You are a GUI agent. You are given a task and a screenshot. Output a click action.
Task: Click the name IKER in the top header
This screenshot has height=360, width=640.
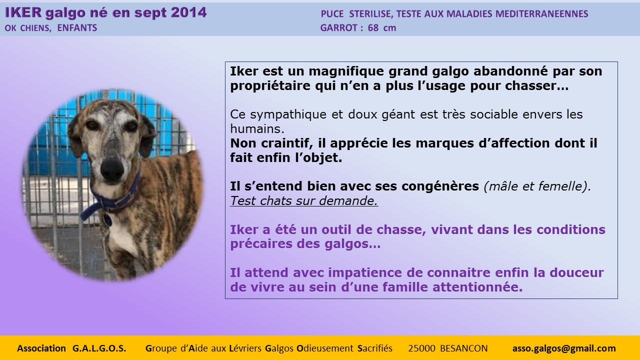point(23,13)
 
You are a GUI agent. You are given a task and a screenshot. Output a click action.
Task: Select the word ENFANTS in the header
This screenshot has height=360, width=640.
point(77,27)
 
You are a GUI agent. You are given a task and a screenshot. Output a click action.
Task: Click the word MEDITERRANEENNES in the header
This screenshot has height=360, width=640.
point(541,13)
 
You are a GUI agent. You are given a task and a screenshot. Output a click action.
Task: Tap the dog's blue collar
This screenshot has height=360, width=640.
point(111,200)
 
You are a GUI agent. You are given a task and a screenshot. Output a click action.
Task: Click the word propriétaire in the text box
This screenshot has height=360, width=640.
point(270,86)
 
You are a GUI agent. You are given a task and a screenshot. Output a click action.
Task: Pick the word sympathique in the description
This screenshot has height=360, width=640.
point(288,115)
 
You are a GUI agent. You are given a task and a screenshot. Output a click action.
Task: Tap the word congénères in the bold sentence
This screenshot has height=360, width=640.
point(440,186)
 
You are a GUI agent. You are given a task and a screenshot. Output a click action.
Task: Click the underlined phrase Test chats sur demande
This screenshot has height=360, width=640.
point(304,201)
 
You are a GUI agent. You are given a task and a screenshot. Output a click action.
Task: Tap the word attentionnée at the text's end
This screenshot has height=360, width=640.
point(477,287)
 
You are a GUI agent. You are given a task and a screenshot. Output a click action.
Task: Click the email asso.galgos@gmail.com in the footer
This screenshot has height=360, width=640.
point(564,348)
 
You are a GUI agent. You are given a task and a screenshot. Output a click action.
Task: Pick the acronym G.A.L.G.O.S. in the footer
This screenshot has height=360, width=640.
point(99,348)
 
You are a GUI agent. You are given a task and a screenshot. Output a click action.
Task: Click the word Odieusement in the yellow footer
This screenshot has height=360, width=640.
point(325,348)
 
